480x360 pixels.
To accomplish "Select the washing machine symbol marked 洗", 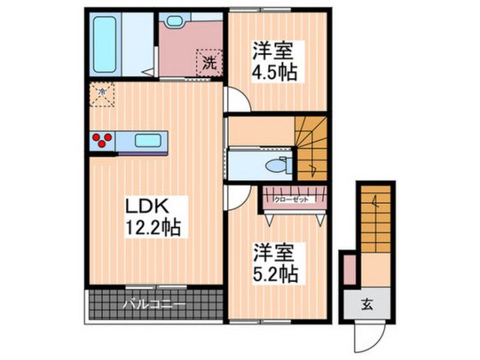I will click(209, 63).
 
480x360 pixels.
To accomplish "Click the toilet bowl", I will click(275, 165).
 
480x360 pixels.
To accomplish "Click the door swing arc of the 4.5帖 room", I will click(237, 101).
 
